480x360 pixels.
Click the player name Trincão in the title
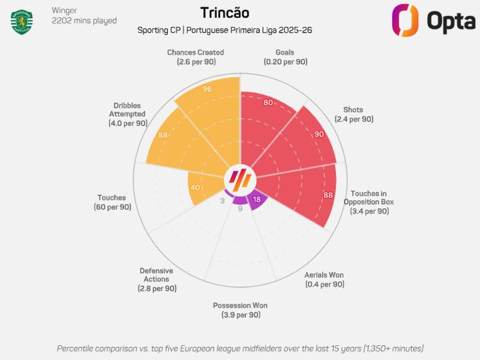pyautogui.click(x=225, y=13)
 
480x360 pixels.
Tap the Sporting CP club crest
pyautogui.click(x=22, y=21)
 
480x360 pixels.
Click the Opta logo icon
pyautogui.click(x=405, y=20)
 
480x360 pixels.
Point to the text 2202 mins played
pyautogui.click(x=84, y=21)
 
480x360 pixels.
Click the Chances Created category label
pyautogui.click(x=195, y=57)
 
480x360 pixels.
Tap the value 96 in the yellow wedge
pyautogui.click(x=207, y=89)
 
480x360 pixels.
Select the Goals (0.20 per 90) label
pyautogui.click(x=285, y=57)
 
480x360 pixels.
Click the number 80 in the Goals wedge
pyautogui.click(x=268, y=102)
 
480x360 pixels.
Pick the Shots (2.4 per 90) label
pyautogui.click(x=354, y=114)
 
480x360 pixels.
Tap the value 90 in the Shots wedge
pyautogui.click(x=319, y=134)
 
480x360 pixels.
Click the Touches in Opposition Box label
pyautogui.click(x=369, y=202)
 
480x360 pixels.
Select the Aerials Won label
pyautogui.click(x=324, y=279)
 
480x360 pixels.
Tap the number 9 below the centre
pyautogui.click(x=240, y=209)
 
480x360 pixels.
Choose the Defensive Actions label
pyautogui.click(x=156, y=279)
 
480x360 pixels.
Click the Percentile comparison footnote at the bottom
pyautogui.click(x=240, y=348)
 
